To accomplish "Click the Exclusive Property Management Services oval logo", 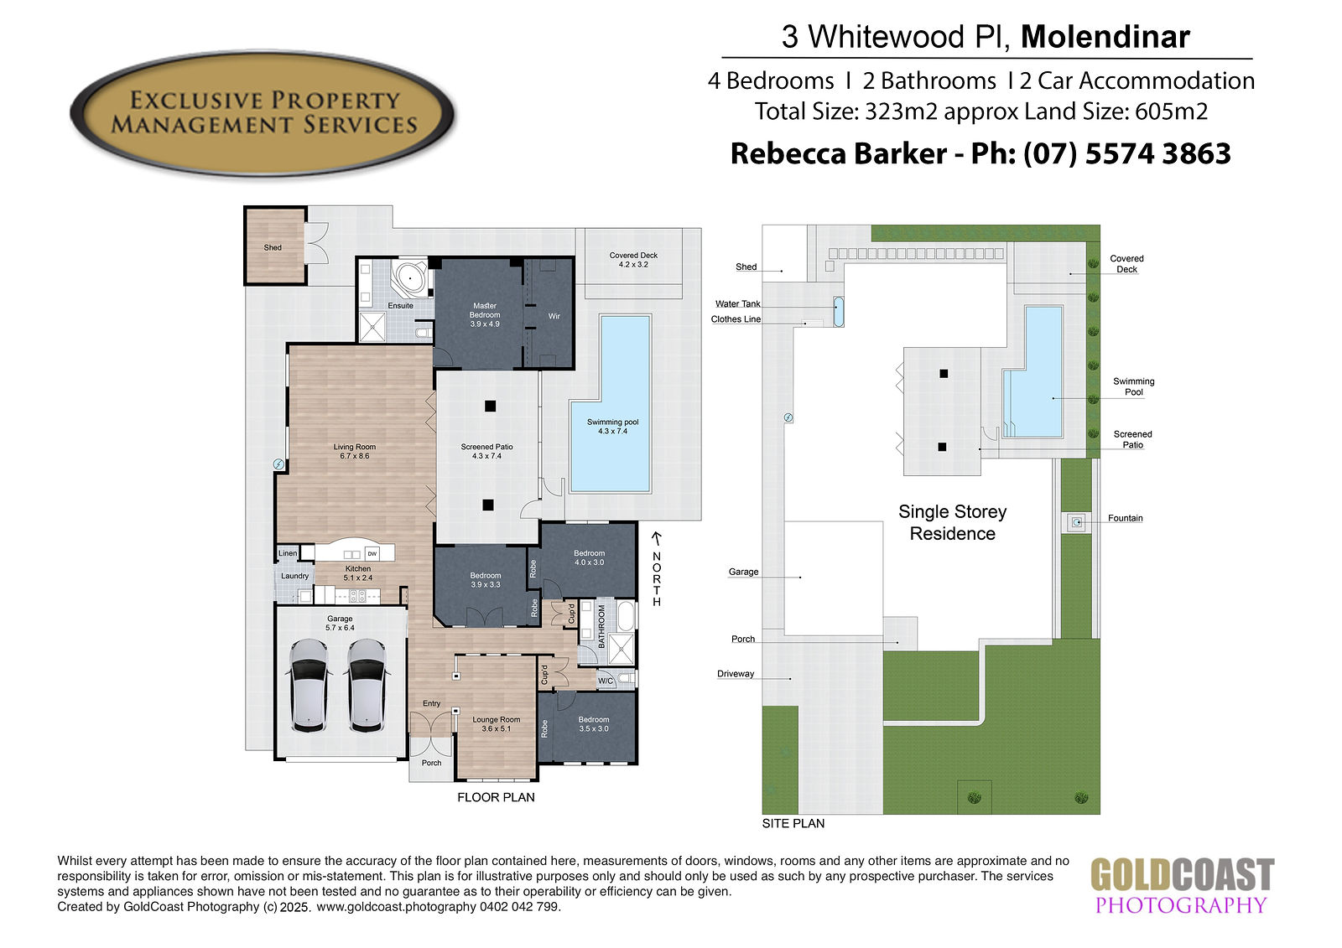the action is pos(263,113).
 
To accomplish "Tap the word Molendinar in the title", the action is pos(1105,37).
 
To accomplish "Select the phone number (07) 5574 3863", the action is pos(1127,153).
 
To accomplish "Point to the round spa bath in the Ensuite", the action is pos(410,278).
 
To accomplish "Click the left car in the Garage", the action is pos(309,685).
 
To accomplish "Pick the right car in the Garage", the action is pos(367,685).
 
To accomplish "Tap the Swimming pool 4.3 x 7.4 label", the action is pos(612,427).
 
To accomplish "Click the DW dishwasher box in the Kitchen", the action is pos(372,554).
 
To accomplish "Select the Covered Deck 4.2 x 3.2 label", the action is pos(633,260).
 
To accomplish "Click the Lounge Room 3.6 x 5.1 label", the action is pos(496,724).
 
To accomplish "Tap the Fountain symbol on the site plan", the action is pos(1077,522).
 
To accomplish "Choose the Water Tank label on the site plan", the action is pos(737,303).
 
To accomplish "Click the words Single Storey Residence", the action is pos(952,522).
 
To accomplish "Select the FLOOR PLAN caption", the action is pos(496,797).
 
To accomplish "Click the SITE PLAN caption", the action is pos(793,823).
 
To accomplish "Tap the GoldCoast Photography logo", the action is pos(1182,885).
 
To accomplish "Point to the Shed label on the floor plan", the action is pos(273,247).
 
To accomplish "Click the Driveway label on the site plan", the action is pos(735,674).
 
